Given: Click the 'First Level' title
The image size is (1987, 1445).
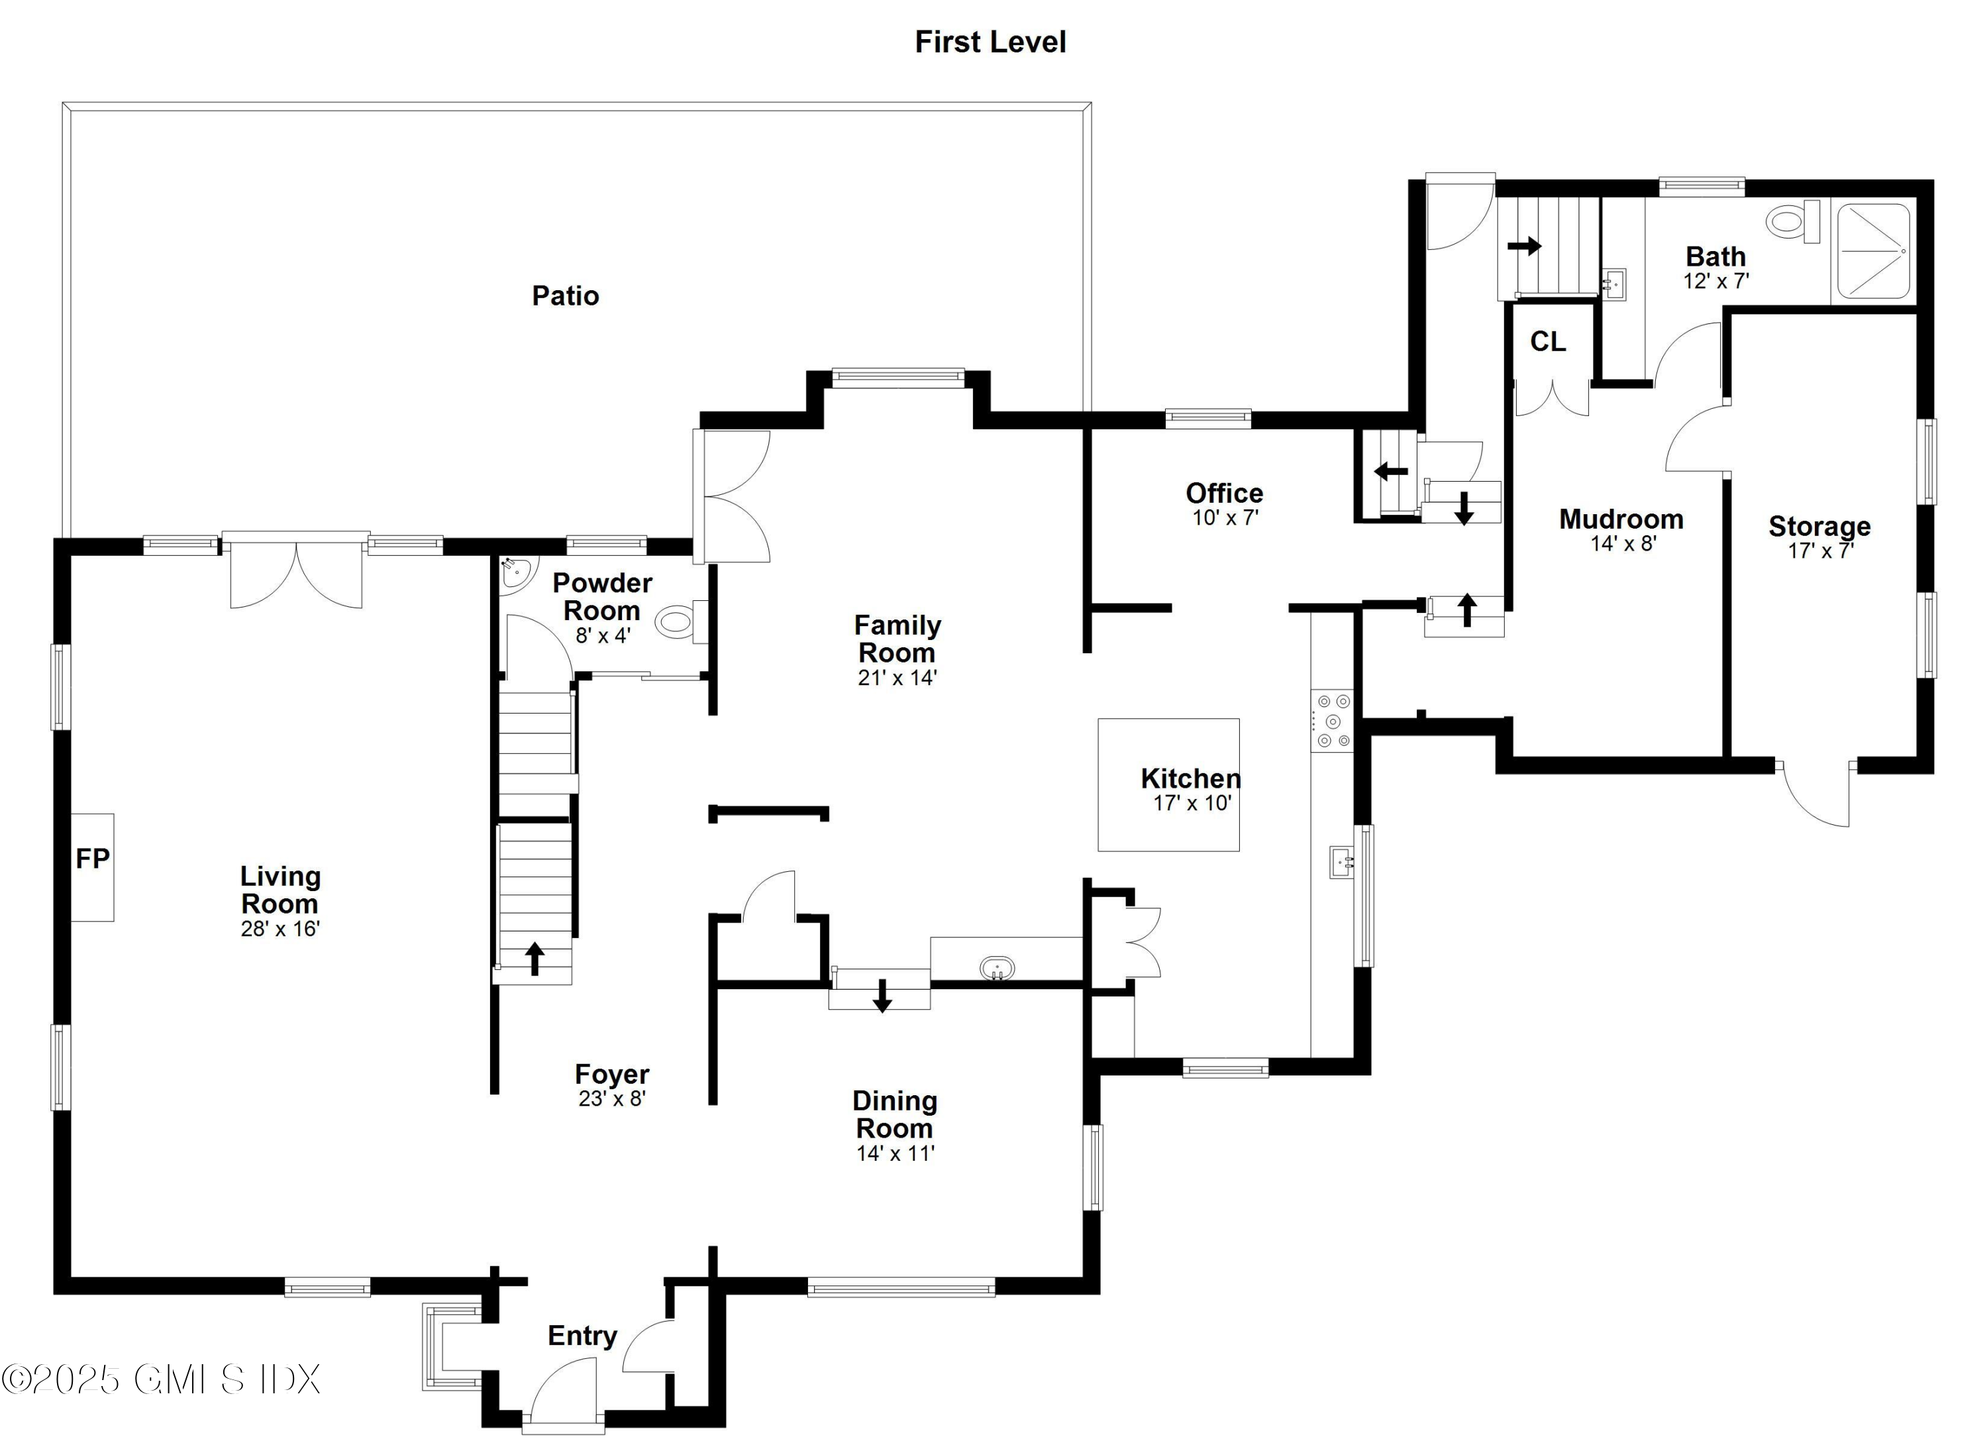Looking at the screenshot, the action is coord(990,42).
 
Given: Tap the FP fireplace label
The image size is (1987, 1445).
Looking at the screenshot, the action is coord(93,859).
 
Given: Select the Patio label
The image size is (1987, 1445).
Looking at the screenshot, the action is coord(565,295).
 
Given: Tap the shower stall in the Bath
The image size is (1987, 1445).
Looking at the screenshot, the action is coord(1873,250).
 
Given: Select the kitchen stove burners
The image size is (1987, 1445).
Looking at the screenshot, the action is coord(1333,720).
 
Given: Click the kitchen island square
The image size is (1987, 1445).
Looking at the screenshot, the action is coord(1169,784).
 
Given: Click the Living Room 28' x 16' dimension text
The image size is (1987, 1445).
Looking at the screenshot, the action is coord(280,928).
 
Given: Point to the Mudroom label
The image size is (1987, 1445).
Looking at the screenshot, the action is coord(1621,519).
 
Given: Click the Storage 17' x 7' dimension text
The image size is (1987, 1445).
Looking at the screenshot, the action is coord(1821,551).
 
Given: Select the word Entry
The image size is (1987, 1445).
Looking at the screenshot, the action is coord(583,1336).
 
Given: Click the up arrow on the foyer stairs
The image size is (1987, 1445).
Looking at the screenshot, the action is coord(535,958).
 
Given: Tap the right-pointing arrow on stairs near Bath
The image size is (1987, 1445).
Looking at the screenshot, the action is coord(1525,246).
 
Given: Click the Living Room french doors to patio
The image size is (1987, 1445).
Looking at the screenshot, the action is coord(296,570).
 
